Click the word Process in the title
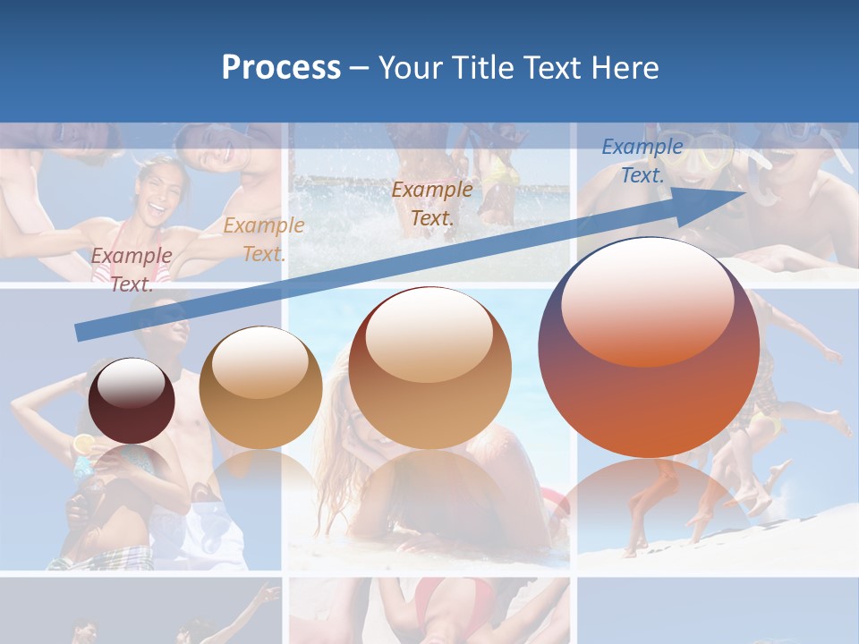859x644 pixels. coord(281,68)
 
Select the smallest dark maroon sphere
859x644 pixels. coord(132,401)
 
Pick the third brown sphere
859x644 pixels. coord(429,368)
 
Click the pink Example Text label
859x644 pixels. coord(132,269)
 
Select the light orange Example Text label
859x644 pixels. coord(263,240)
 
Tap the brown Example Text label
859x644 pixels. coord(432,203)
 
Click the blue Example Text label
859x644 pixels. coord(642,161)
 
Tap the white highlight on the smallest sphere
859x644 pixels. coord(132,384)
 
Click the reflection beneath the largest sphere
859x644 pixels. coord(649,501)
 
